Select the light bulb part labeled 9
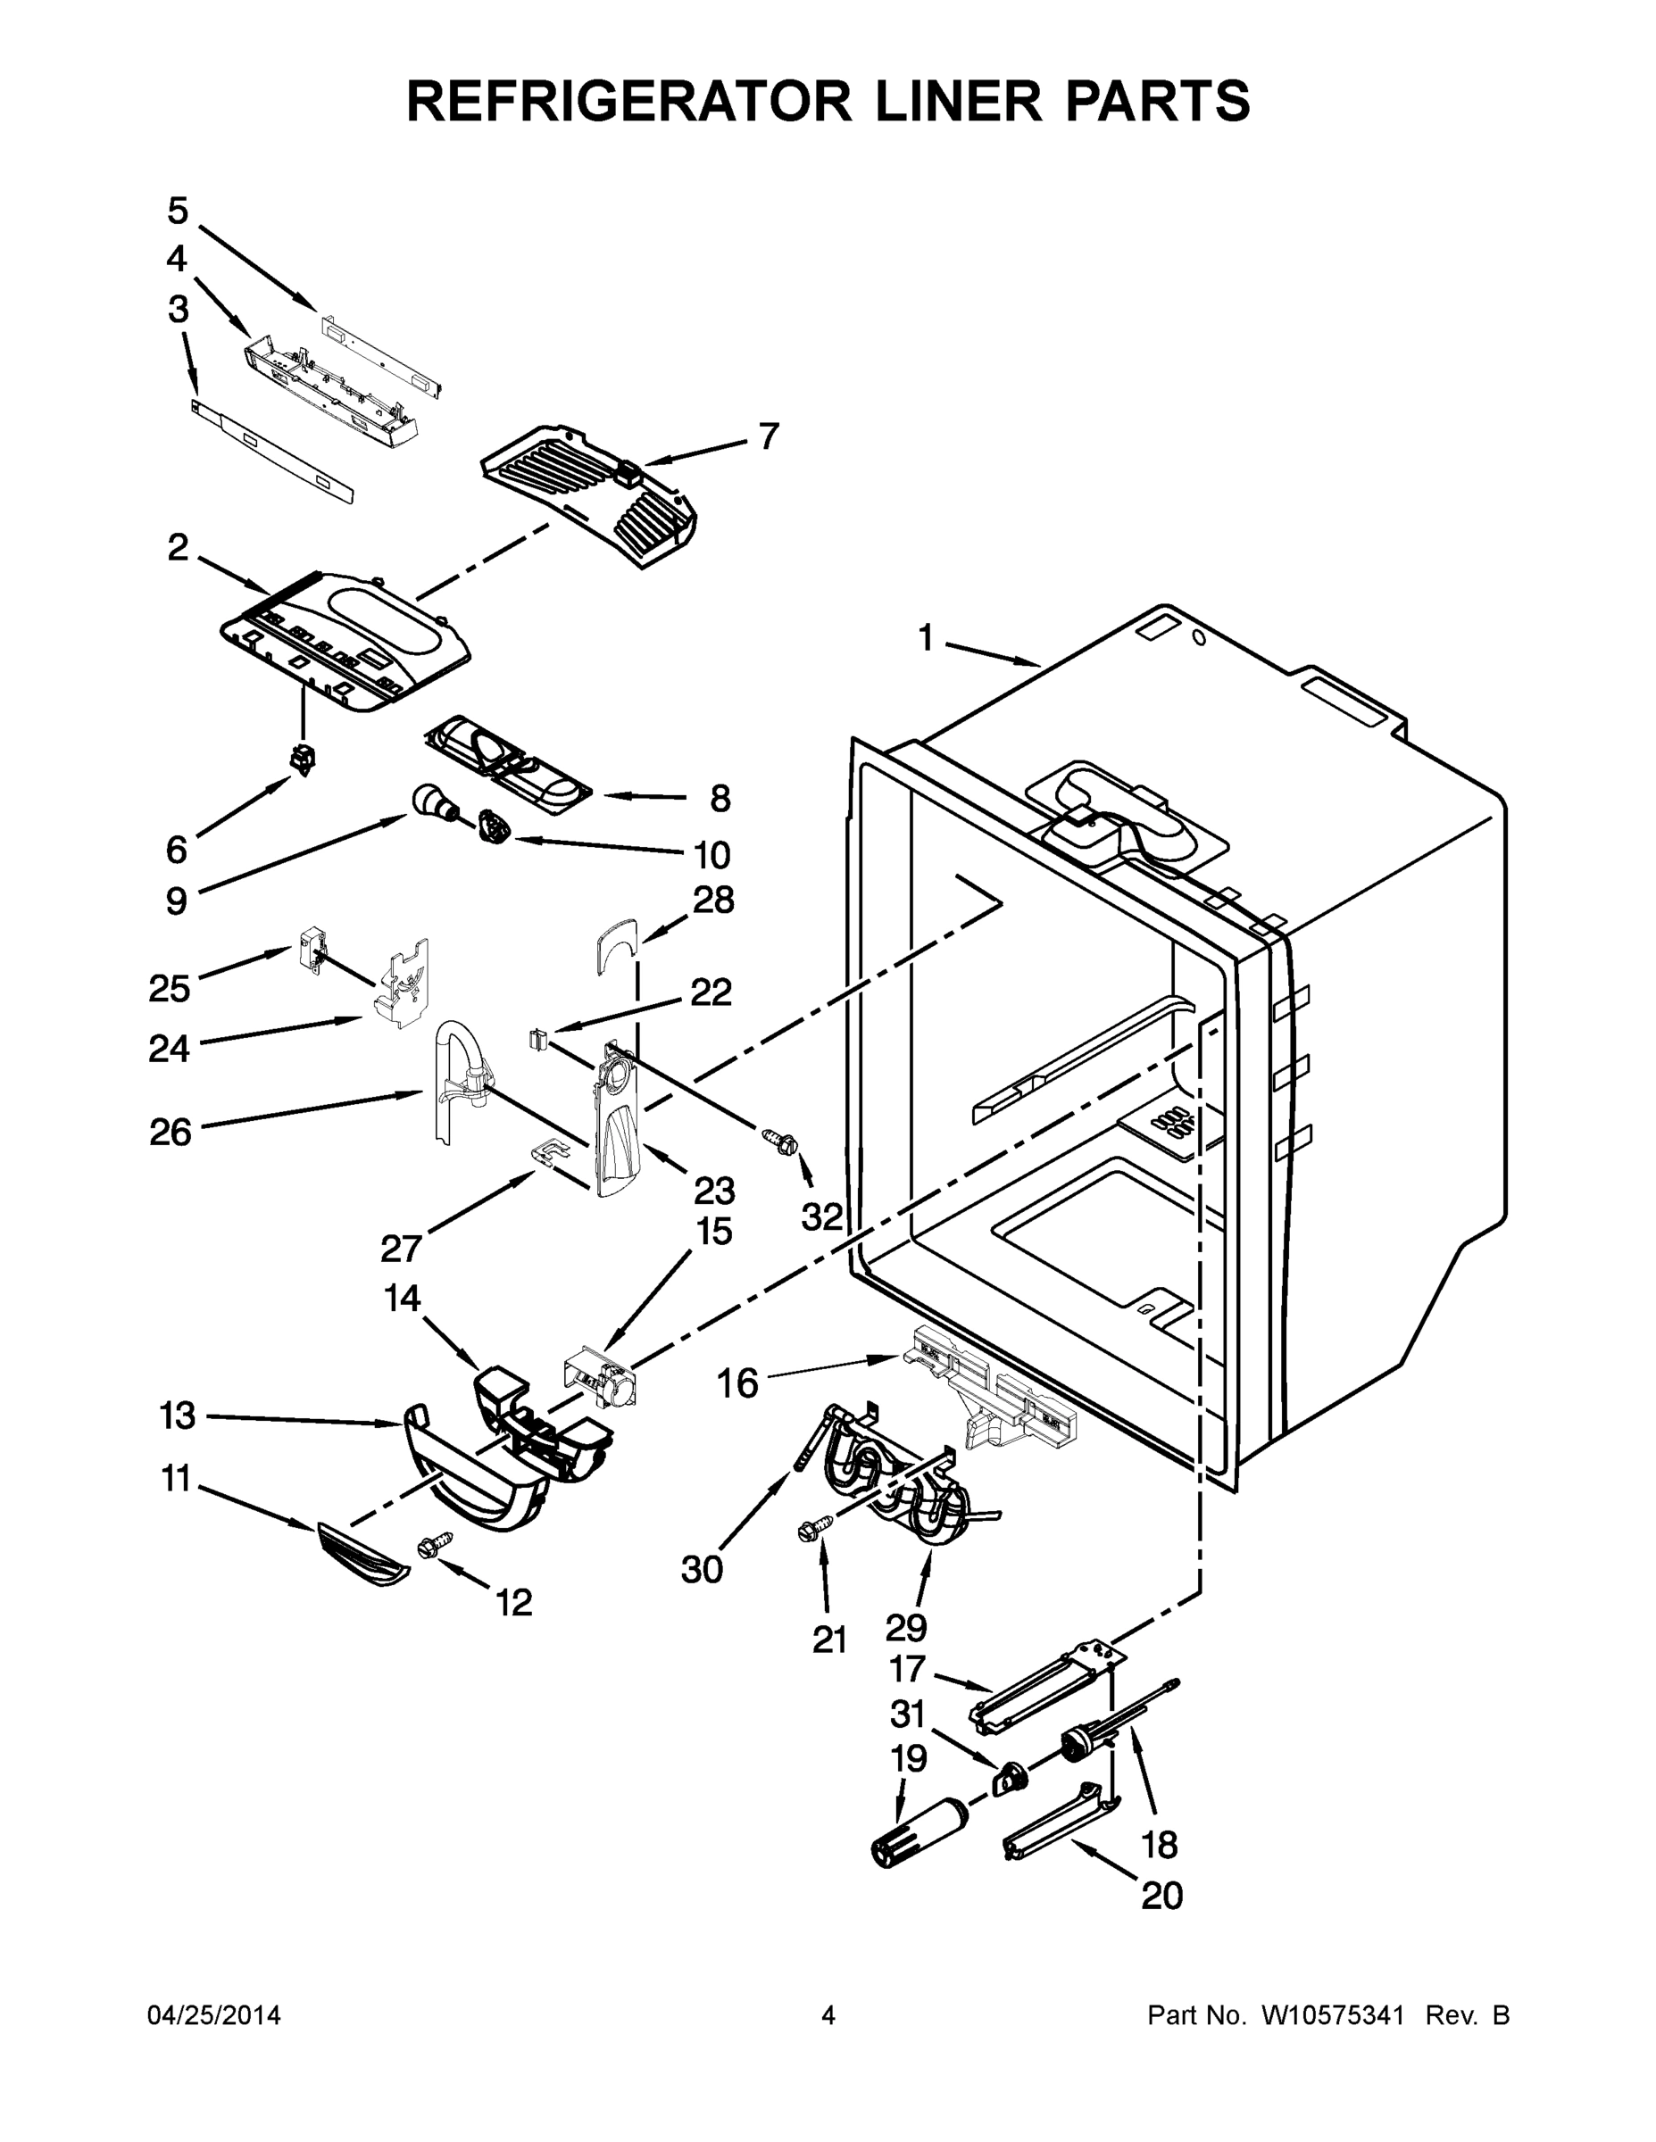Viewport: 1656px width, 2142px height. pyautogui.click(x=432, y=801)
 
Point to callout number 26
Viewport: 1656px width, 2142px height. pyautogui.click(x=171, y=1133)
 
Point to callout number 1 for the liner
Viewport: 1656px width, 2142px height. pyautogui.click(x=925, y=639)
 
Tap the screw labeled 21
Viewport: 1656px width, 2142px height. pyautogui.click(x=816, y=1526)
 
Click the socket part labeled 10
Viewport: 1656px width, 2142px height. pyautogui.click(x=495, y=826)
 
